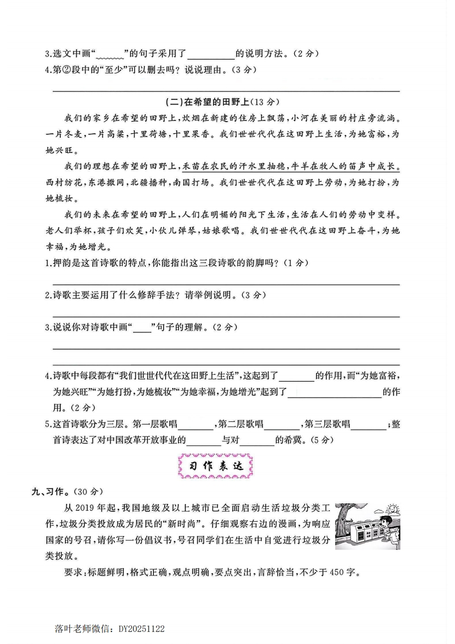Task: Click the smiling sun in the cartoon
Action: pos(393,509)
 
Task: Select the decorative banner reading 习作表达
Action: pos(216,466)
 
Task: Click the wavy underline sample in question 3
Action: pos(110,56)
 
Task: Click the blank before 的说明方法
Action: pos(211,55)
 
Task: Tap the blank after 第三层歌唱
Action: pos(368,425)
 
